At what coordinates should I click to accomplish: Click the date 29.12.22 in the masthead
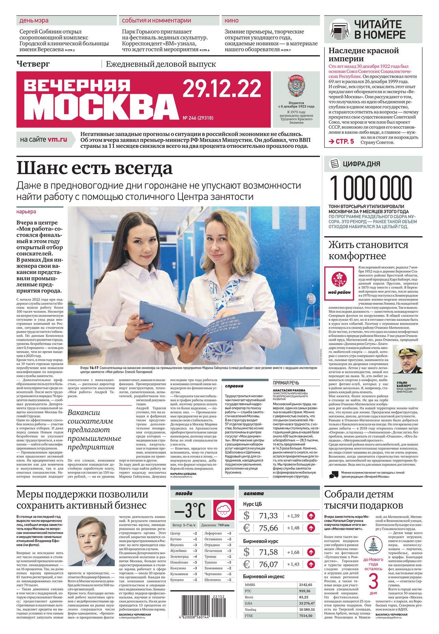(222, 89)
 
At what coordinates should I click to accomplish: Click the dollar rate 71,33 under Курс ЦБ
(269, 515)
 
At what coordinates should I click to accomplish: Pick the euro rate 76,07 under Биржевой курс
(269, 564)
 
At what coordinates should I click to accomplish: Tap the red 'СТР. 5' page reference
(341, 141)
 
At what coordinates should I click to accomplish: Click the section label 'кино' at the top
(232, 21)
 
